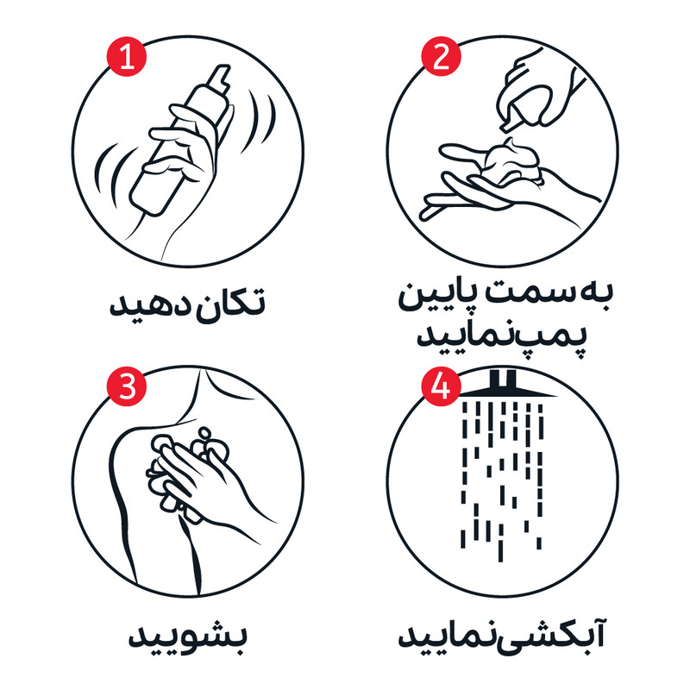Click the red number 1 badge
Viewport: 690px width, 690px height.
coord(127,57)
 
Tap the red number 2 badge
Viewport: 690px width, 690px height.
coord(441,57)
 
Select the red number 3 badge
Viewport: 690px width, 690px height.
coord(127,386)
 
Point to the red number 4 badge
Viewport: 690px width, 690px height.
coord(441,386)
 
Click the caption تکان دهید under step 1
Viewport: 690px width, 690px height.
coord(187,304)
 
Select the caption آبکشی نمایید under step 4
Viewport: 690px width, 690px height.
coord(502,634)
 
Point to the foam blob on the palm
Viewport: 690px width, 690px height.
coord(511,161)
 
